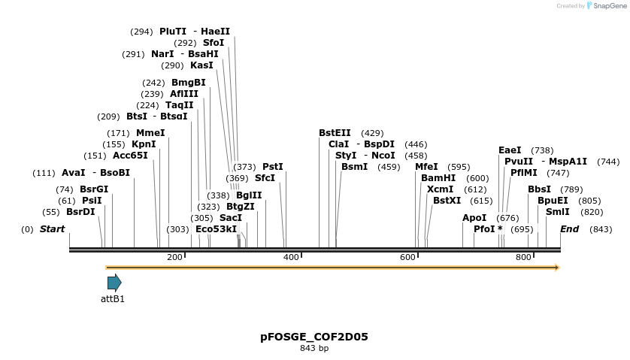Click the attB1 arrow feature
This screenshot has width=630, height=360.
[x=114, y=283]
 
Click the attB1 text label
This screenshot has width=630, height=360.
[x=113, y=299]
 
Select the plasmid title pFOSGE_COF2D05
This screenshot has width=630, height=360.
[x=314, y=337]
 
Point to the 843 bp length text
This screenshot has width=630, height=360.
[x=314, y=348]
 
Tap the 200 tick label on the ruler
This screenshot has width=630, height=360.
[x=174, y=257]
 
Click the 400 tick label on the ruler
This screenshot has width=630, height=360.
[x=291, y=257]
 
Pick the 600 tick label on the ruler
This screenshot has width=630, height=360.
[x=407, y=257]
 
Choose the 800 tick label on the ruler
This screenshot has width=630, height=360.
[x=524, y=257]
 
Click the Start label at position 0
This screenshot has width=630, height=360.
[x=52, y=229]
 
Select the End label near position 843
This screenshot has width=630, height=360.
[x=569, y=229]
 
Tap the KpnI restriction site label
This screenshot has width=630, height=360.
[x=144, y=144]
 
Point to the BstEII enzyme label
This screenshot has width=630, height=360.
[x=335, y=133]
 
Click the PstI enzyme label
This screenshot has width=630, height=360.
[x=272, y=167]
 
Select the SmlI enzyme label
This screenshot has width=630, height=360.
[x=558, y=212]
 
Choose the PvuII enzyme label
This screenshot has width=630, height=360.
[x=519, y=162]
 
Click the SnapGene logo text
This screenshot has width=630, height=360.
[x=606, y=6]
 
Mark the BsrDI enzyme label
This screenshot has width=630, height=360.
[x=80, y=212]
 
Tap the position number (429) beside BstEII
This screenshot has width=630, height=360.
[x=372, y=133]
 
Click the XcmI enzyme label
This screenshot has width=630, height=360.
[x=440, y=189]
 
